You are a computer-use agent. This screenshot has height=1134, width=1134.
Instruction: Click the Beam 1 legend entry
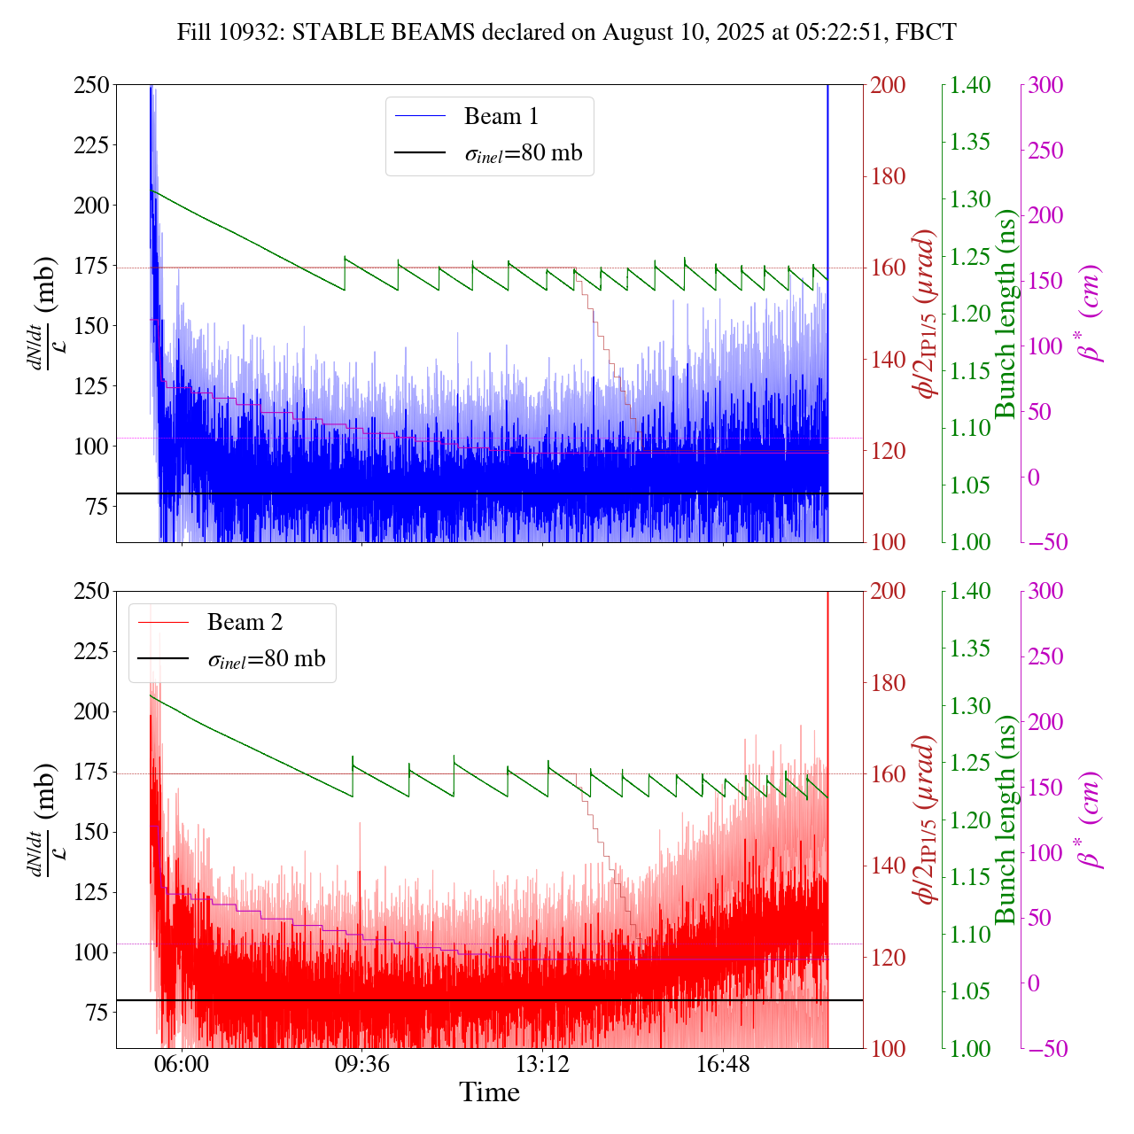[501, 116]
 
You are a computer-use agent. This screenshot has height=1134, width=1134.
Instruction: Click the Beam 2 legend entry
[245, 623]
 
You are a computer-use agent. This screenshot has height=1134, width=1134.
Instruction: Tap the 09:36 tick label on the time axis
[361, 1064]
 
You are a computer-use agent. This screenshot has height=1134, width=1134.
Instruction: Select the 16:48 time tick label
[723, 1064]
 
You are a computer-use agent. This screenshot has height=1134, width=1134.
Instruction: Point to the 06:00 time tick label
[182, 1064]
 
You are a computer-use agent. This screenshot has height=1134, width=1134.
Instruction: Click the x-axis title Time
[489, 1093]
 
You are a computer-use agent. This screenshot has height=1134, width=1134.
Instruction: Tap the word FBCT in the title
[926, 33]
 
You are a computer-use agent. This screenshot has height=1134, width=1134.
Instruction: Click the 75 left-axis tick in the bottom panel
[96, 1013]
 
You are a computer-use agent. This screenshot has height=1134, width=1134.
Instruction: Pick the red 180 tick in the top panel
[888, 176]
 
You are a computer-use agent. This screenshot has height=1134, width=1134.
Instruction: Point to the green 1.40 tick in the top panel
[971, 86]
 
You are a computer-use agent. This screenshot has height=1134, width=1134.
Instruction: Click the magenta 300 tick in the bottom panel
[1046, 592]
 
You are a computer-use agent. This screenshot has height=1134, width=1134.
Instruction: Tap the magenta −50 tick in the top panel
[1046, 542]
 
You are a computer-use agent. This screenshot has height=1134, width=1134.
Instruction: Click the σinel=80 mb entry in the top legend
[524, 153]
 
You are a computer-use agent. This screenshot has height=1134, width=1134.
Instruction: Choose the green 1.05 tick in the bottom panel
[971, 991]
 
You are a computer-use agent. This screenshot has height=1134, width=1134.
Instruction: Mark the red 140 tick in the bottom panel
[888, 866]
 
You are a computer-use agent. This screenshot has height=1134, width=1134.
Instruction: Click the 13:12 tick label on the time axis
[542, 1064]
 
